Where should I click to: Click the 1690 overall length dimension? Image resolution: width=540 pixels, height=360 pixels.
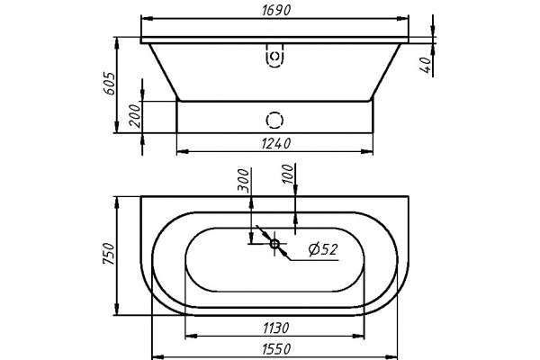(276, 10)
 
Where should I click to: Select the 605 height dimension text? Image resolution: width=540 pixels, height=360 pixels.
(109, 84)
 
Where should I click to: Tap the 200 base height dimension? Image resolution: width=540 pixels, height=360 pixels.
(135, 116)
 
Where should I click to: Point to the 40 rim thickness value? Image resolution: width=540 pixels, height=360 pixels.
(427, 65)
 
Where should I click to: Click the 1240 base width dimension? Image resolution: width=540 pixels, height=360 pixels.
(276, 143)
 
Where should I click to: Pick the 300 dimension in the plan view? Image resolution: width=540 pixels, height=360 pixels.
(243, 179)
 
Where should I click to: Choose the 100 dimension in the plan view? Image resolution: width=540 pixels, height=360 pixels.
(288, 175)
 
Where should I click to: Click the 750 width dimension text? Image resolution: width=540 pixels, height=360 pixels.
(108, 254)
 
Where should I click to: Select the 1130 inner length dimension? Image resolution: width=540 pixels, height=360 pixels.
(276, 328)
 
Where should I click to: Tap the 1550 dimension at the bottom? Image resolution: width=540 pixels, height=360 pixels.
(276, 349)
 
